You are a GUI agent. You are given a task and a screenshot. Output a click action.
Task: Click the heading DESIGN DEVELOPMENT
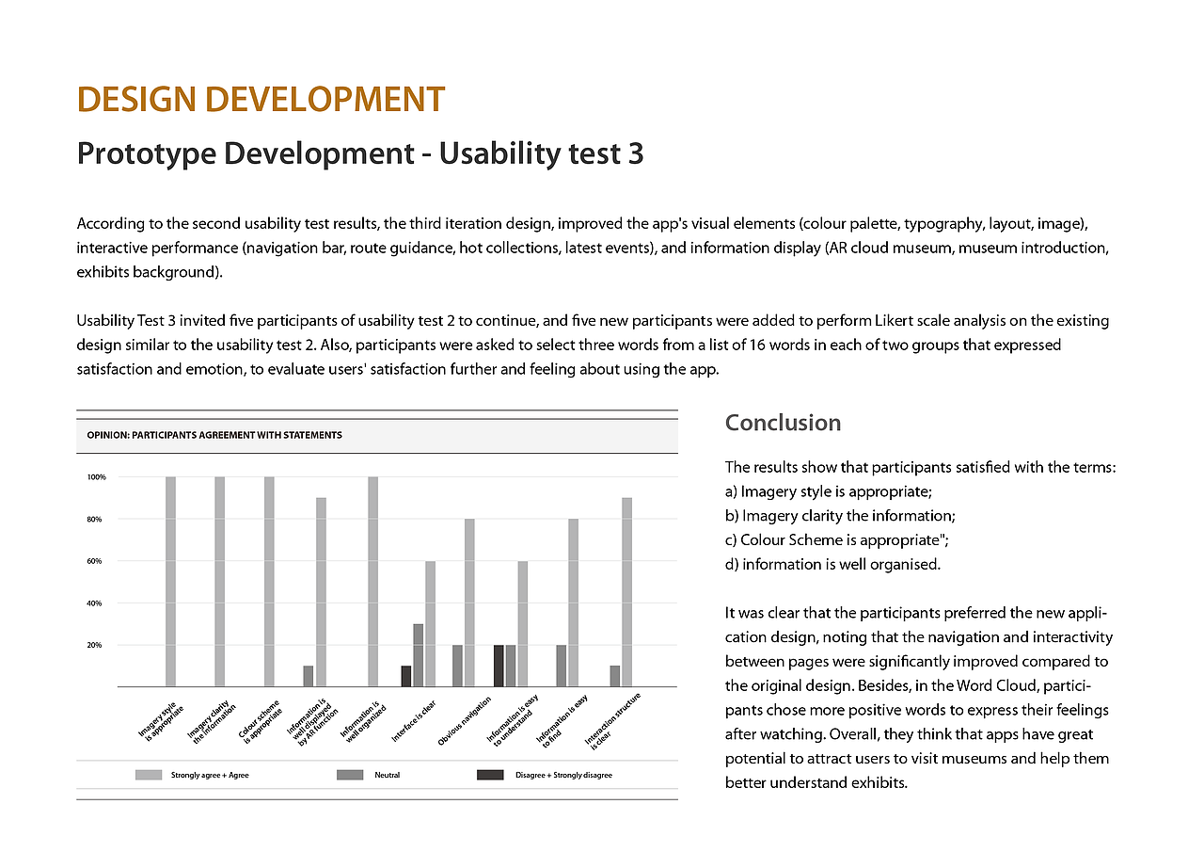point(261,100)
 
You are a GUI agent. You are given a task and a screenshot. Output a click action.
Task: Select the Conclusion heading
point(783,423)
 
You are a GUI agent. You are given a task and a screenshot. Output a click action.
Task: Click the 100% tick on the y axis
point(97,477)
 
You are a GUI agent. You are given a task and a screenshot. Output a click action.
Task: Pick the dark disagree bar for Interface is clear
point(406,676)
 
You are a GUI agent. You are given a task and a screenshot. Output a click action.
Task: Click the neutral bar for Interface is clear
point(419,655)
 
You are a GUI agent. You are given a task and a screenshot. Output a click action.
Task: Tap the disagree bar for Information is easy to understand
point(499,666)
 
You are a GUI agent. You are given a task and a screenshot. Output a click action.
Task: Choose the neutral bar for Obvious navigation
point(457,666)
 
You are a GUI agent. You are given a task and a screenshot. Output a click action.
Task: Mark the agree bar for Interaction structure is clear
point(626,592)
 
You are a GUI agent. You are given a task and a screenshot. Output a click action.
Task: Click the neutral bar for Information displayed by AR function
point(309,676)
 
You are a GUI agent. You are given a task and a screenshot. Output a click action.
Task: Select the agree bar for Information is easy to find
point(573,603)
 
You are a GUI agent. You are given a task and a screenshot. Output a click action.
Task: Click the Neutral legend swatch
point(350,775)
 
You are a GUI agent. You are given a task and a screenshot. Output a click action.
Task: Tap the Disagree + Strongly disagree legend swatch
point(490,775)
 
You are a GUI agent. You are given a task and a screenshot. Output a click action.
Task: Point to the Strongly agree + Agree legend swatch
point(148,775)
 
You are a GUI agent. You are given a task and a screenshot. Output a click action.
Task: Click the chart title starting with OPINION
point(214,435)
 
